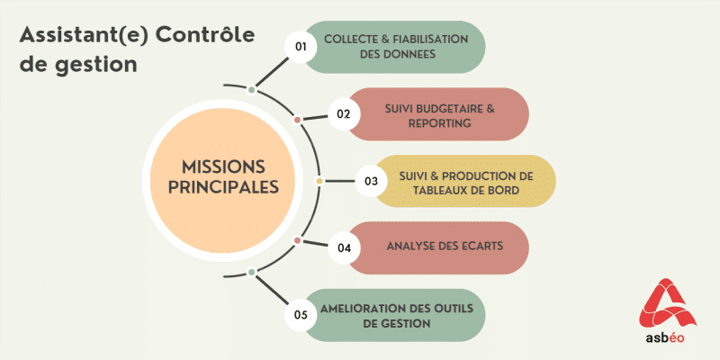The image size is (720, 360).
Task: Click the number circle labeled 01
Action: [x=301, y=47]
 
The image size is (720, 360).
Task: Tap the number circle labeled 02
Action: [x=343, y=114]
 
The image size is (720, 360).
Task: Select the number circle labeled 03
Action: [x=370, y=181]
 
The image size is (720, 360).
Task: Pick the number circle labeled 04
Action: [x=343, y=247]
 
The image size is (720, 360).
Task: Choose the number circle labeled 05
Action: [x=301, y=315]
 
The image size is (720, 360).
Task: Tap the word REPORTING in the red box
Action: [x=439, y=123]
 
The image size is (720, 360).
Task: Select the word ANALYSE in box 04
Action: [x=411, y=247]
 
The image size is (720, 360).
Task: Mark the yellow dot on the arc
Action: [x=319, y=181]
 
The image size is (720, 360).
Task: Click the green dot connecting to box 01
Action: [x=251, y=89]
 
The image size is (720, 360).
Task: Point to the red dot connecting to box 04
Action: [x=297, y=239]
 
